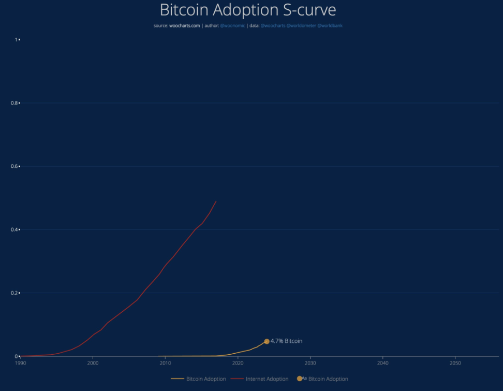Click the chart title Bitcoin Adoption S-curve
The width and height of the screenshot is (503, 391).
pos(248,10)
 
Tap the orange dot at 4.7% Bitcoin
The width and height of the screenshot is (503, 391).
pos(267,341)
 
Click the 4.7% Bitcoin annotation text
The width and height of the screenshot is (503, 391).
pos(286,341)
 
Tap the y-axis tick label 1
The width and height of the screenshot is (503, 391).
pos(17,39)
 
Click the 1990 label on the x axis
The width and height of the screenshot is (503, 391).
pos(20,363)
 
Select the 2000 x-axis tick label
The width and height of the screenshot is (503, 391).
pos(93,363)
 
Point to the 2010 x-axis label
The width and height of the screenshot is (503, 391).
pos(165,363)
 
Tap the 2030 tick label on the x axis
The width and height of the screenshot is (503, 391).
pos(310,363)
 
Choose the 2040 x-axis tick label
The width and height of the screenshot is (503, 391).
pos(382,363)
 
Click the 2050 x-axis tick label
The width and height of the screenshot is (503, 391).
pos(455,363)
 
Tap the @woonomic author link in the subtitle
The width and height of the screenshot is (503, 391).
pos(232,25)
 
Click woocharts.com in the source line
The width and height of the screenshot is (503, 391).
pos(184,25)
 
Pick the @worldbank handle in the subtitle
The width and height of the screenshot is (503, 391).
pos(330,25)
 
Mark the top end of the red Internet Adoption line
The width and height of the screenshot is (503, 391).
pos(216,201)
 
